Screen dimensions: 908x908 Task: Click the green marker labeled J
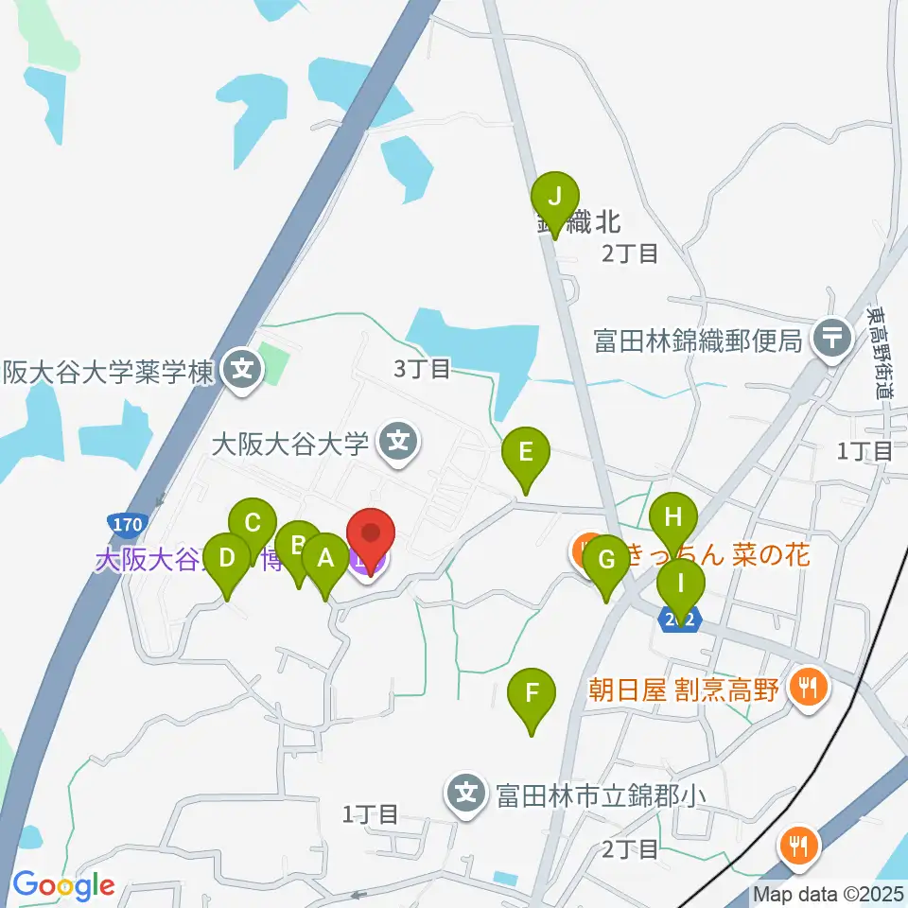click(x=555, y=198)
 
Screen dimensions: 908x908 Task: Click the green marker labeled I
click(x=681, y=583)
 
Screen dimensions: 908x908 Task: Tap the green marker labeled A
click(x=325, y=558)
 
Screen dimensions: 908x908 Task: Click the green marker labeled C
click(x=253, y=523)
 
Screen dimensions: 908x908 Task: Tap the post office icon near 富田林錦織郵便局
click(x=832, y=336)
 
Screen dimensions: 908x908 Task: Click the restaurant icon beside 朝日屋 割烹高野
click(x=807, y=688)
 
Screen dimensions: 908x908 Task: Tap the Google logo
click(x=63, y=885)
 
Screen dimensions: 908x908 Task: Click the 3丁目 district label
click(x=422, y=369)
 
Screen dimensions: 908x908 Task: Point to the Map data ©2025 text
click(x=829, y=894)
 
